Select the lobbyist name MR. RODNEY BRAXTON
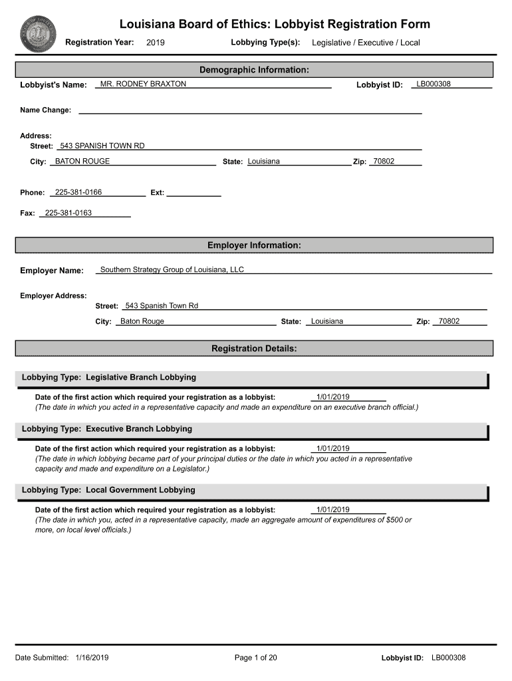[143, 84]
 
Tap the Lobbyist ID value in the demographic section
[434, 84]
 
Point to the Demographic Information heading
[254, 70]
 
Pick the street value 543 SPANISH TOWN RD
[102, 146]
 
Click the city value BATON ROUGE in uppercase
[82, 162]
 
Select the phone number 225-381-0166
[78, 192]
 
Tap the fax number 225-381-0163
[68, 213]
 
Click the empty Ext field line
[193, 193]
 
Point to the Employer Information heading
[254, 245]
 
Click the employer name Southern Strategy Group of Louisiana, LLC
[172, 270]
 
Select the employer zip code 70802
[449, 321]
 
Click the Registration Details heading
[254, 348]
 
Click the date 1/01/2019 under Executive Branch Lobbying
[333, 449]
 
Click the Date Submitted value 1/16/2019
[92, 658]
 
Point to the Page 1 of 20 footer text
[256, 658]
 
